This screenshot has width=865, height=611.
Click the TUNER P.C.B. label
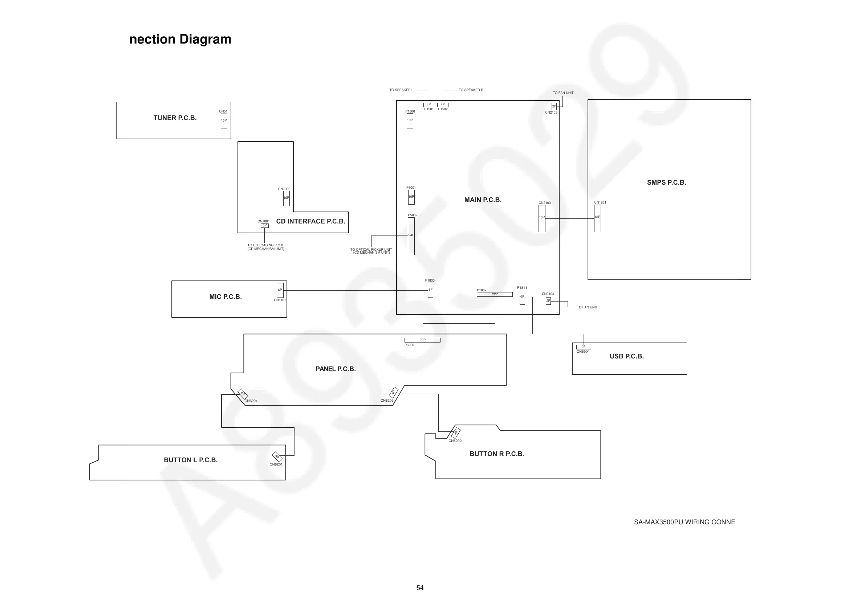pyautogui.click(x=175, y=118)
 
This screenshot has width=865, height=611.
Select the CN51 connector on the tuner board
pyautogui.click(x=224, y=121)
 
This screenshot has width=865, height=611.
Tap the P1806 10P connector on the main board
pyautogui.click(x=410, y=121)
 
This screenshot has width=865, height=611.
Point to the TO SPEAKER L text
pyautogui.click(x=401, y=90)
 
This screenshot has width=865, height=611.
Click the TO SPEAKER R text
pyautogui.click(x=471, y=90)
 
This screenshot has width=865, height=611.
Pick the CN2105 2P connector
pyautogui.click(x=554, y=107)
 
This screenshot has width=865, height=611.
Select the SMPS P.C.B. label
pyautogui.click(x=666, y=183)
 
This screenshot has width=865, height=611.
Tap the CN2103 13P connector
pyautogui.click(x=542, y=218)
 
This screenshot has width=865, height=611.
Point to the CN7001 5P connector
pyautogui.click(x=264, y=226)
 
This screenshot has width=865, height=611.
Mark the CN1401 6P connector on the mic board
pyautogui.click(x=280, y=290)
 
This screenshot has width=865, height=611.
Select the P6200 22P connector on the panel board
pyautogui.click(x=422, y=340)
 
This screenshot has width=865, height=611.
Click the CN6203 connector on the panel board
pyautogui.click(x=393, y=392)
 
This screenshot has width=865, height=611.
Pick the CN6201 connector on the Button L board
pyautogui.click(x=277, y=457)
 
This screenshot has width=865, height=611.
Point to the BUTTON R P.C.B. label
pyautogui.click(x=496, y=454)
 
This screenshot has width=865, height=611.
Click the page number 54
pyautogui.click(x=420, y=588)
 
